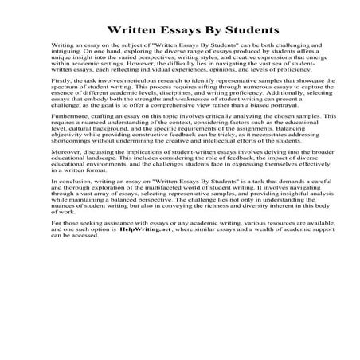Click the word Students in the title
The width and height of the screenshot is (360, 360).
245,31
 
